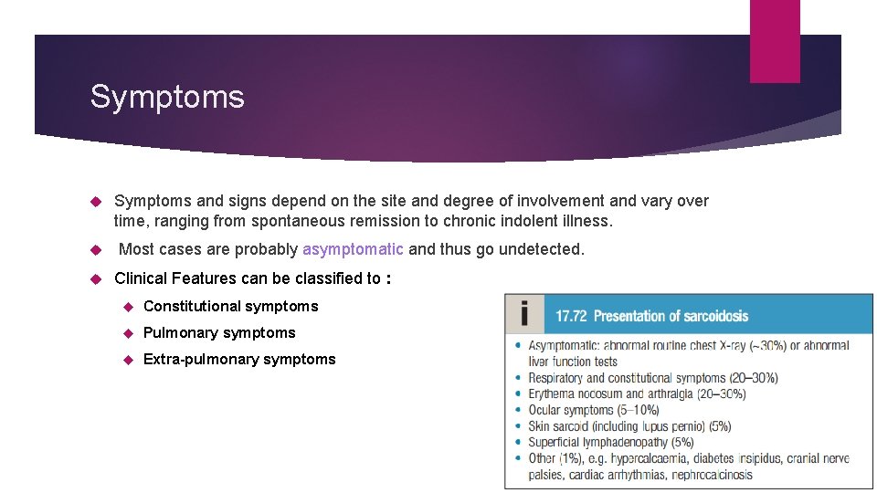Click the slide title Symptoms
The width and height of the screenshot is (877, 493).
[x=167, y=97]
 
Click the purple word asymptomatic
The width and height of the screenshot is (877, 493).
[x=353, y=249]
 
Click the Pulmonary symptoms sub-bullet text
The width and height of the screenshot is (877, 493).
[x=219, y=332]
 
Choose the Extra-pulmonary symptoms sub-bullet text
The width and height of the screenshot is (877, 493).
[x=239, y=359]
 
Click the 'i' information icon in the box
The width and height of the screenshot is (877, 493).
[x=523, y=316]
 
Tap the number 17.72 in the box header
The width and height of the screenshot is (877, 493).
[x=571, y=316]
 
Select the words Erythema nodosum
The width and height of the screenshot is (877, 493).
[x=578, y=393]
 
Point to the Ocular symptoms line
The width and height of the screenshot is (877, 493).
[x=593, y=410]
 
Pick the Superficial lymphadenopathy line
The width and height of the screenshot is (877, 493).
[x=610, y=442]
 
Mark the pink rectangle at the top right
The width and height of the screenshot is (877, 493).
[x=775, y=41]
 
